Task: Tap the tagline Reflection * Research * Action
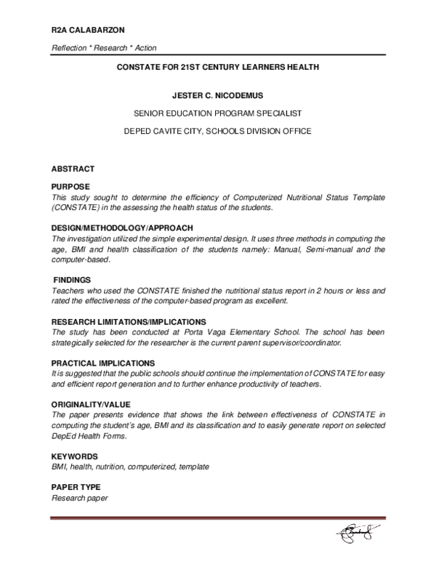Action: (104, 48)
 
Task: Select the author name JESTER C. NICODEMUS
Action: (219, 94)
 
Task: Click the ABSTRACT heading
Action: (73, 168)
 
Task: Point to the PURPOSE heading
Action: (70, 187)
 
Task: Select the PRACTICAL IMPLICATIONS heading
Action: (102, 363)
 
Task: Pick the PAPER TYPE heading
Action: (76, 487)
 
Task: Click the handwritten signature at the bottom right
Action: (358, 535)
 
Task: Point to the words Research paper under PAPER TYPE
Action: (79, 498)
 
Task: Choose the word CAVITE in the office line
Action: (169, 132)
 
